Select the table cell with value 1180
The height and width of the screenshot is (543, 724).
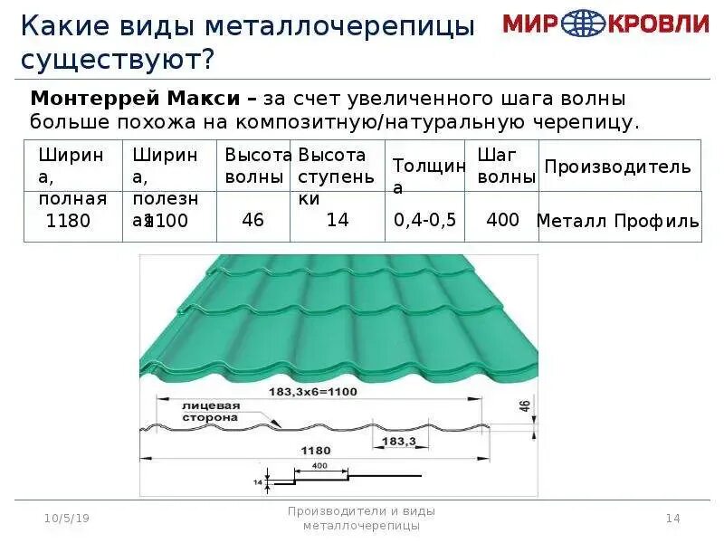point(69,220)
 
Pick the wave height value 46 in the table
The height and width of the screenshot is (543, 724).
point(252,220)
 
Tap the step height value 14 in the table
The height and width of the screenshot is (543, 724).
point(338,220)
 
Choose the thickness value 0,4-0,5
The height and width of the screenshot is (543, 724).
point(424,220)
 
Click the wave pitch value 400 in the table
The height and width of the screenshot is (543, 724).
point(502,219)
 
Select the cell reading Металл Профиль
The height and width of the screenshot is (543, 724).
point(618,221)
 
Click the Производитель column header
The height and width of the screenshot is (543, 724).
point(617,167)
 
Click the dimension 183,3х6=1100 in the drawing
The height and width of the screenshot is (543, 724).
point(310,392)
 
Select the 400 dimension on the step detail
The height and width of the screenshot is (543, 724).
point(319,465)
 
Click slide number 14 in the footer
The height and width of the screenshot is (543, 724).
point(672,518)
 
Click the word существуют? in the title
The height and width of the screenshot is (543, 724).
point(118,62)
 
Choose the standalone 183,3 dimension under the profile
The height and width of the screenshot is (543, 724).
point(398,441)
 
